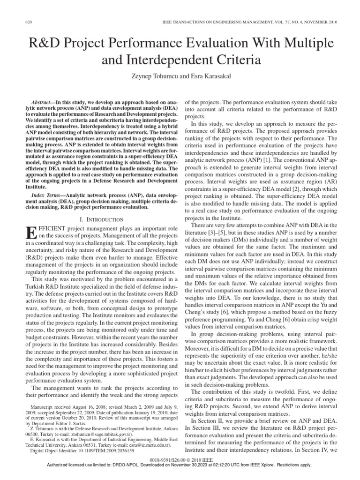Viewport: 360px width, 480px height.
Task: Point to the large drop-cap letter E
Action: pos(30,232)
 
